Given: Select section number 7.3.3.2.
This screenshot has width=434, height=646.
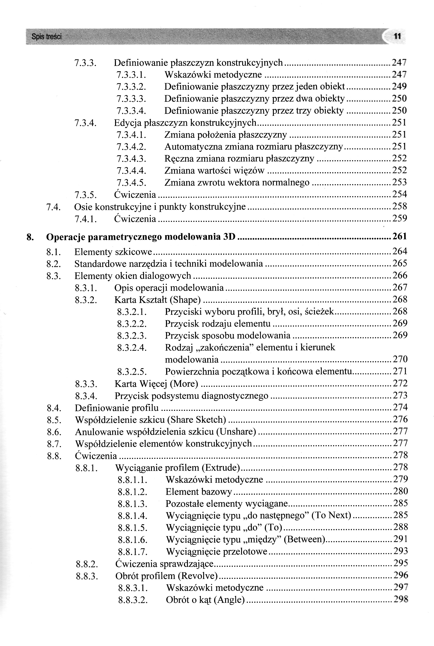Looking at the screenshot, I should point(131,87).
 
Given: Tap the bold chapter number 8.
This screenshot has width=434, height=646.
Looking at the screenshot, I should point(30,237).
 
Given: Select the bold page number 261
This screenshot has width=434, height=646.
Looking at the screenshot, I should point(400,236).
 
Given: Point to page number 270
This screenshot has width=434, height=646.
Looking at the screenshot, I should point(400,359).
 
